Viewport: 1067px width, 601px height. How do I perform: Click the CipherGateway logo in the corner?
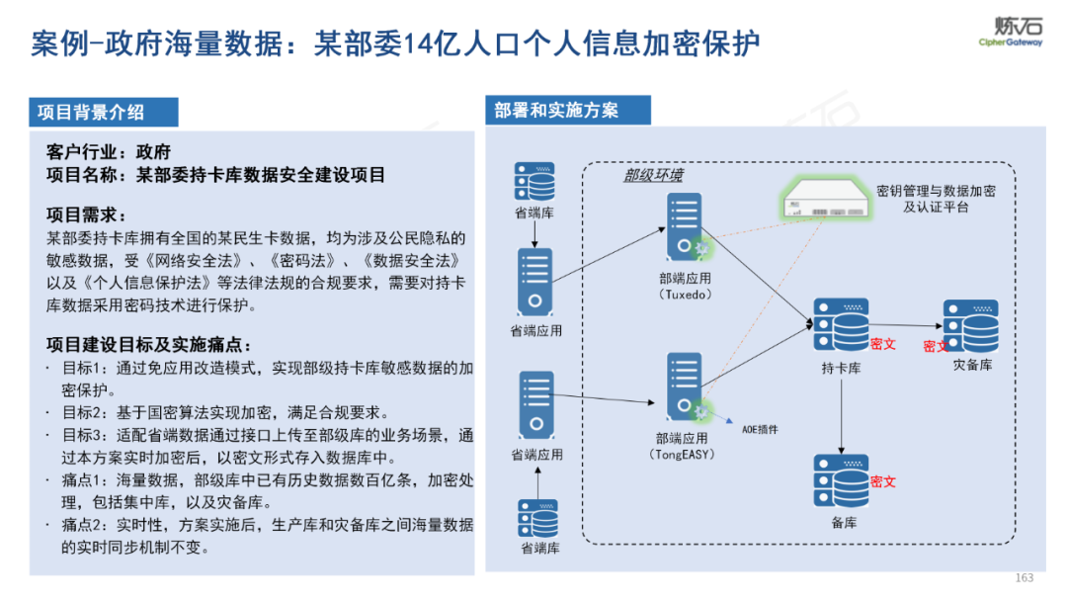point(1010,32)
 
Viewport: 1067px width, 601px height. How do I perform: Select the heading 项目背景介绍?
point(91,112)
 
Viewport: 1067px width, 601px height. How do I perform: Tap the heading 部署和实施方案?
point(557,110)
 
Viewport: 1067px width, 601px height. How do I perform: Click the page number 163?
point(1024,577)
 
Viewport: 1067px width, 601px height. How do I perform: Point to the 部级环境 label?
point(653,175)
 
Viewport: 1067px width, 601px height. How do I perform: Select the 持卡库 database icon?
point(841,325)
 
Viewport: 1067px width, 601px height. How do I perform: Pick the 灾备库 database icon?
point(970,325)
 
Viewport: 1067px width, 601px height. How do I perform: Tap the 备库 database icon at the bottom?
point(841,481)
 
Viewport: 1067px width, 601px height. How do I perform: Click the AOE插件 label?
point(760,430)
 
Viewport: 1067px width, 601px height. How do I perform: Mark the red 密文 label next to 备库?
point(883,481)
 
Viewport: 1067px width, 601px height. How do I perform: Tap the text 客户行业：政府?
point(109,152)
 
